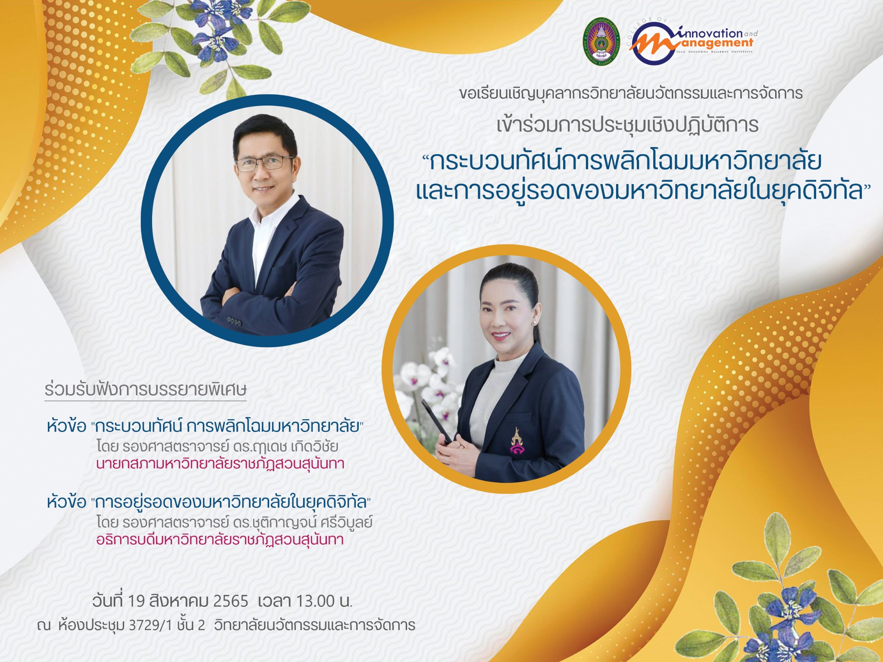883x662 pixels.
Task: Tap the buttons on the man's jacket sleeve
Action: [234, 321]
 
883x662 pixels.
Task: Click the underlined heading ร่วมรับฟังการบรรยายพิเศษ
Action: [145, 389]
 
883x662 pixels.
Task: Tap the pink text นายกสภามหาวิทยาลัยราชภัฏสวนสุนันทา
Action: [220, 464]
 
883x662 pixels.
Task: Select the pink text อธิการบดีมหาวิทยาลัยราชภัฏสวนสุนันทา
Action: [220, 539]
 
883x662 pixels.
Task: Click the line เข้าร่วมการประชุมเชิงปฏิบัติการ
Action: [627, 125]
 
